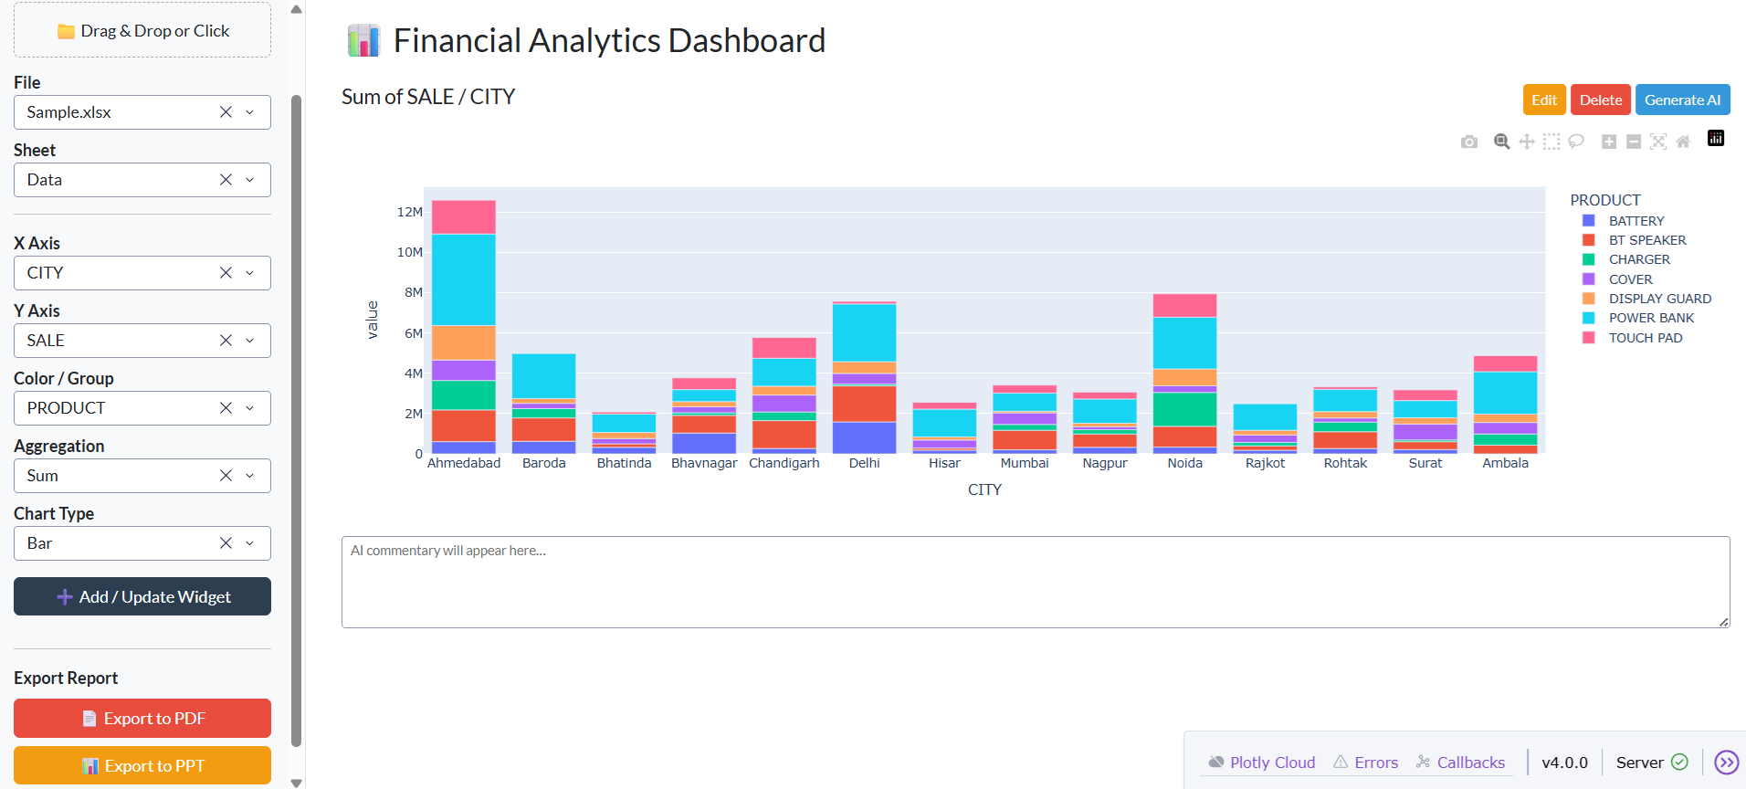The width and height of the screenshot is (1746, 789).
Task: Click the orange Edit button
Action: coord(1543,100)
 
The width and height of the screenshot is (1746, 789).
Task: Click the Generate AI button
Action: coord(1682,100)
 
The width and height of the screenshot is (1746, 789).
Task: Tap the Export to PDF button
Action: coord(142,718)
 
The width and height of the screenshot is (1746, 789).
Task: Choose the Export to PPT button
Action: coord(142,765)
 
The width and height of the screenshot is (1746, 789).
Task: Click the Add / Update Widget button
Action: coord(142,596)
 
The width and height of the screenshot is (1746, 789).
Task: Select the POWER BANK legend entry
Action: coord(1650,318)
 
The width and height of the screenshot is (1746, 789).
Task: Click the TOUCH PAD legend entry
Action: coord(1645,338)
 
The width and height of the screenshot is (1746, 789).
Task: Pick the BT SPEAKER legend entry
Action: coord(1646,240)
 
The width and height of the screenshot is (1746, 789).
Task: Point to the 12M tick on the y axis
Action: coord(410,212)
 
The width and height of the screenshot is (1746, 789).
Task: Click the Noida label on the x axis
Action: coord(1184,463)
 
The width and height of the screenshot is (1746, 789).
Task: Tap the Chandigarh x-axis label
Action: coord(784,463)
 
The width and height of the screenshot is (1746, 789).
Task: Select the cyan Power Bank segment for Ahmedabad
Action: coord(464,279)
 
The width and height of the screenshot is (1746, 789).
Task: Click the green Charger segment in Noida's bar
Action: coord(1184,409)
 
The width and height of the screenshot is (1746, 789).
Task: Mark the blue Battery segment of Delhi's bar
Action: coord(864,437)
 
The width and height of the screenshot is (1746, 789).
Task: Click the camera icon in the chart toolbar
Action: coord(1468,142)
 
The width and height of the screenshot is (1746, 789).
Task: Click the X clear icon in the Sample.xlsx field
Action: coord(226,112)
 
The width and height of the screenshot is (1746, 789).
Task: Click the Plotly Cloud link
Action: coord(1271,763)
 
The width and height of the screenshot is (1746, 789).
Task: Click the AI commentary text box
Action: coord(1035,582)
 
